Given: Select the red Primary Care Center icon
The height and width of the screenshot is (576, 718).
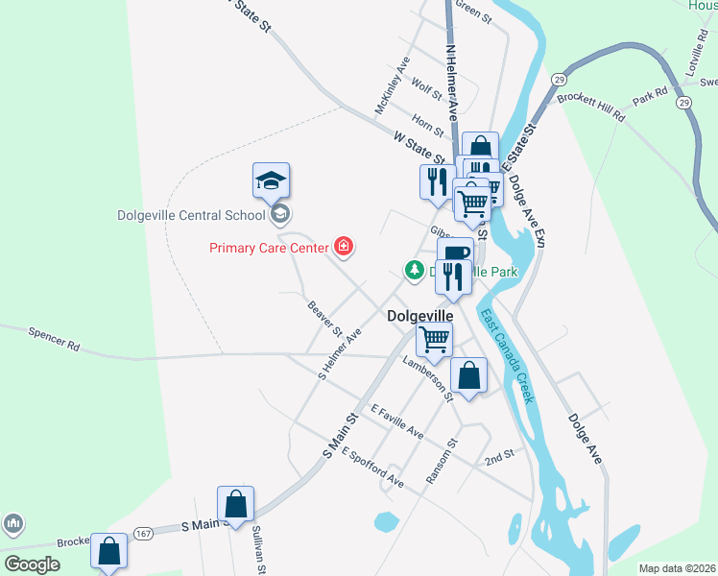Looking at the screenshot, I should pyautogui.click(x=343, y=248).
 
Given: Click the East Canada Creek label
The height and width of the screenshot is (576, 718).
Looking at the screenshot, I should pyautogui.click(x=506, y=356).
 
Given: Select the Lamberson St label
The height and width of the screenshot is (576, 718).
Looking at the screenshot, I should pyautogui.click(x=429, y=372).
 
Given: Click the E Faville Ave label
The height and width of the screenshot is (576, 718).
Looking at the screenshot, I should pyautogui.click(x=396, y=420).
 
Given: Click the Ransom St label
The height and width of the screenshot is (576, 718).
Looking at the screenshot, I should pyautogui.click(x=443, y=461).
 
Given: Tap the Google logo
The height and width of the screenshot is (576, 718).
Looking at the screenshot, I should pyautogui.click(x=32, y=564).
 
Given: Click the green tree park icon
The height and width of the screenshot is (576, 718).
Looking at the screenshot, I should pyautogui.click(x=414, y=271).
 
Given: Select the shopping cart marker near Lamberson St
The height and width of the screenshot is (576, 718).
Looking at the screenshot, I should pyautogui.click(x=435, y=339).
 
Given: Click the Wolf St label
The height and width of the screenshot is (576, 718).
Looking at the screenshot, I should pyautogui.click(x=426, y=89).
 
